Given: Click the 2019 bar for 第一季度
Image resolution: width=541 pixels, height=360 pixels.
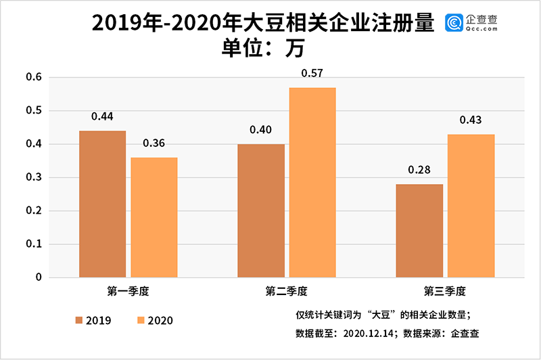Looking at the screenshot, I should point(102,204).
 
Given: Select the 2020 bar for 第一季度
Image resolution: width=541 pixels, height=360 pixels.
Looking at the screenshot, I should point(154,217).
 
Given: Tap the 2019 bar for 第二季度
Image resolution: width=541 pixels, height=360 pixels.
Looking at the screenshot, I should point(261,210).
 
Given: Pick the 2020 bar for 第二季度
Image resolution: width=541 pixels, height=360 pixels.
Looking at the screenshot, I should point(312,183).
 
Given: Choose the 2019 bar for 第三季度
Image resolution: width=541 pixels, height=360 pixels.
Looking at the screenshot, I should point(419,231).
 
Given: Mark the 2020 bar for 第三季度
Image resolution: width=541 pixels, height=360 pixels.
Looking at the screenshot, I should point(471,206).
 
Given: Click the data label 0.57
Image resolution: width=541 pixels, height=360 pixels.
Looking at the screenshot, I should point(312,72).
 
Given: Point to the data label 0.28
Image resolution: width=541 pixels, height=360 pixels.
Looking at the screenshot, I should point(419,169).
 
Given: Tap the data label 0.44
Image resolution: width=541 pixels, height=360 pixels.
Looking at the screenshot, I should point(102,116).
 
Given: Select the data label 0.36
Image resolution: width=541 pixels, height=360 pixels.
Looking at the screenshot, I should point(154,143).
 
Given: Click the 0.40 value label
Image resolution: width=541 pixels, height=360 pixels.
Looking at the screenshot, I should point(261,129).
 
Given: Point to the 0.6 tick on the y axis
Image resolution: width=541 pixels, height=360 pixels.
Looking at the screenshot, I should point(34,77).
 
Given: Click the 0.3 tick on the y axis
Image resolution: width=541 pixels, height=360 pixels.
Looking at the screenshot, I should point(34,177).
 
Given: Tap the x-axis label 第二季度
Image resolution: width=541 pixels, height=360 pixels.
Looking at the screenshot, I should point(286,292).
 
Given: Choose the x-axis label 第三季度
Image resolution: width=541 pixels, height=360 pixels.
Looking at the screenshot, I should point(445,292).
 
